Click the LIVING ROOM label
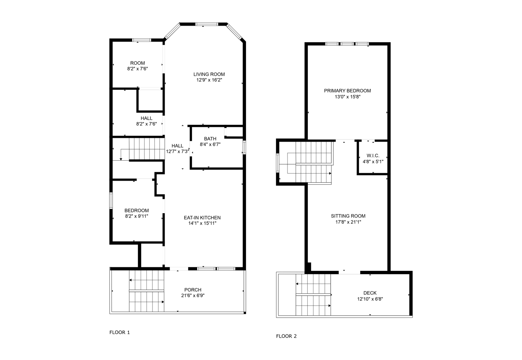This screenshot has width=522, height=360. click(x=209, y=74)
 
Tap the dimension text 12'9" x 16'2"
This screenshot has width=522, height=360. click(x=209, y=80)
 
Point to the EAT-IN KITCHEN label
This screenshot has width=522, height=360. click(x=202, y=218)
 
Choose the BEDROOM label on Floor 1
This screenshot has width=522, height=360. click(x=137, y=210)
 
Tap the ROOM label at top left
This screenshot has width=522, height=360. click(x=137, y=63)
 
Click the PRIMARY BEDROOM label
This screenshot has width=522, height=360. click(x=347, y=91)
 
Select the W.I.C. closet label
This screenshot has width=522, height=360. click(x=373, y=155)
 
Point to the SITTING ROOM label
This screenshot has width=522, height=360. click(x=348, y=216)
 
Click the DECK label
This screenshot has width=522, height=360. click(x=370, y=293)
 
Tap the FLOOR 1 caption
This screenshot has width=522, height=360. click(x=120, y=332)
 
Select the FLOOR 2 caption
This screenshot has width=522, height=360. click(x=286, y=336)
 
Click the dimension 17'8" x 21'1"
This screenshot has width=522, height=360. click(x=348, y=222)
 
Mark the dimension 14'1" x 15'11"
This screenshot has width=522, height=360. click(x=202, y=223)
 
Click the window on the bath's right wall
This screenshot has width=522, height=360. click(x=244, y=147)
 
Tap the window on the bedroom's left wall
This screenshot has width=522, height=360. click(x=111, y=201)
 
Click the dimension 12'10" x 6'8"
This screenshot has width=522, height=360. click(x=370, y=299)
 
